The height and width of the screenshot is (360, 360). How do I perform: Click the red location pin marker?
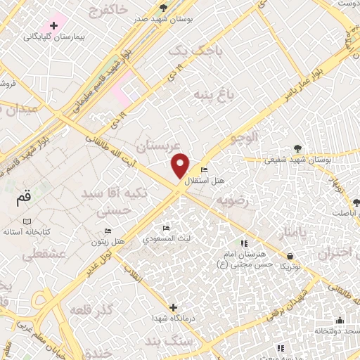pos(181,165)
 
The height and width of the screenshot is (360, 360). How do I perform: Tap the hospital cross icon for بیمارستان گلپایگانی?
pos(53,25)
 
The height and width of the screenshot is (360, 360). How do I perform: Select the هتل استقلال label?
pos(205,181)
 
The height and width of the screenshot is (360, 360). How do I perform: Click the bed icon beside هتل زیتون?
pos(108,231)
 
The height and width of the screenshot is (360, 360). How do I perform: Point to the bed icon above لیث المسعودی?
pos(166,228)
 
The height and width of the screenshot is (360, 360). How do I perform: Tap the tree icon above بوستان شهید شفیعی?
pos(297,148)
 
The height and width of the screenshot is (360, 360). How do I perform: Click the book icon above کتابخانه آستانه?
pos(27,221)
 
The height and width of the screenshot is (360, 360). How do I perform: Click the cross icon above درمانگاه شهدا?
pos(174,307)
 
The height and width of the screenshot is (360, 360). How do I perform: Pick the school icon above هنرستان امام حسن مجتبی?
pos(244,243)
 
